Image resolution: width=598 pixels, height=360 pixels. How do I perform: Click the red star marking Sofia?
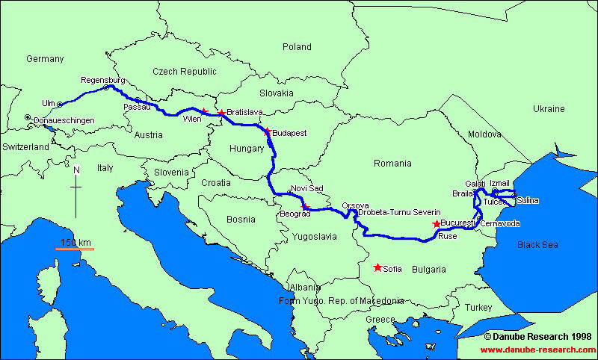click(377, 267)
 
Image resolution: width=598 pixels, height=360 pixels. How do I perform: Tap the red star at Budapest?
click(267, 131)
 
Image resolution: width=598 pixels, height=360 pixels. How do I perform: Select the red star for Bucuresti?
click(437, 223)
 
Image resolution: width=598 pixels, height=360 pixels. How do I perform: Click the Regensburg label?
click(102, 80)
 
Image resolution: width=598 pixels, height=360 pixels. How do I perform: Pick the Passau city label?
click(137, 107)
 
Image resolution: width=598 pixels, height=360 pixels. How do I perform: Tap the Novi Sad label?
click(307, 188)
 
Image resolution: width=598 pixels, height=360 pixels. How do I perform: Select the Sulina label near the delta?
click(526, 201)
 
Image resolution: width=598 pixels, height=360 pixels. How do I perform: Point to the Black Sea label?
click(537, 244)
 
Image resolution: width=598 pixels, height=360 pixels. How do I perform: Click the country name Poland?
click(297, 47)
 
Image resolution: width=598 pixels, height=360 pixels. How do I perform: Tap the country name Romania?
click(392, 163)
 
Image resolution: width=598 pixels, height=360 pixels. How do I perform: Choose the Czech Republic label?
click(184, 72)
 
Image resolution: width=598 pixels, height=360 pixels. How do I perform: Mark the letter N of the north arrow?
click(76, 170)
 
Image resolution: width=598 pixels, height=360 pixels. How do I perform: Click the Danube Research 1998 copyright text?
click(537, 337)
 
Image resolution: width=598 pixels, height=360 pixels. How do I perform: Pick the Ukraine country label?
click(549, 109)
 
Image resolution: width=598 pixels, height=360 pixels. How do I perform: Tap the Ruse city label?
click(447, 236)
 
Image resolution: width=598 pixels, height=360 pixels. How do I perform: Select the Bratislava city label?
click(244, 112)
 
